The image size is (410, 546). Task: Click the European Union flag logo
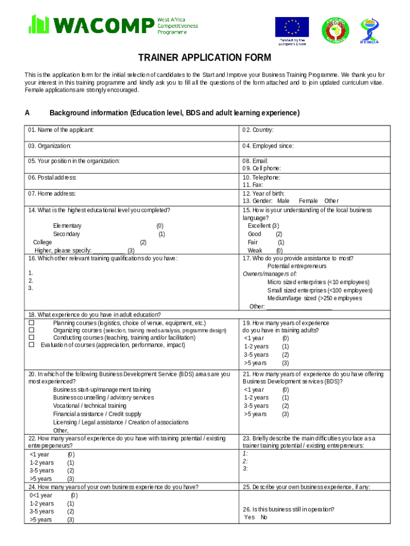[291, 27]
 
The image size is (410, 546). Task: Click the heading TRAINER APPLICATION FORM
[205, 58]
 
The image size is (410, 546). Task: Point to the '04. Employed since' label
[268, 146]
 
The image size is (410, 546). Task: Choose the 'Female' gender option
[308, 201]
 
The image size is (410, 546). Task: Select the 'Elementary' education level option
[67, 226]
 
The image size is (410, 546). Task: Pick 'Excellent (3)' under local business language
[263, 226]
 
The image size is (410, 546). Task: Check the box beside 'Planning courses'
[31, 323]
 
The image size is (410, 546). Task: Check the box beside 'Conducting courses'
[31, 338]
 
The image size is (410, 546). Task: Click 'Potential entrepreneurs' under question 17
[297, 266]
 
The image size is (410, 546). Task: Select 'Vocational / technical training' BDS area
[89, 406]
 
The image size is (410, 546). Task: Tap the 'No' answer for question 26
[264, 517]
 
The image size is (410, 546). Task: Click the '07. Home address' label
[52, 194]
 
